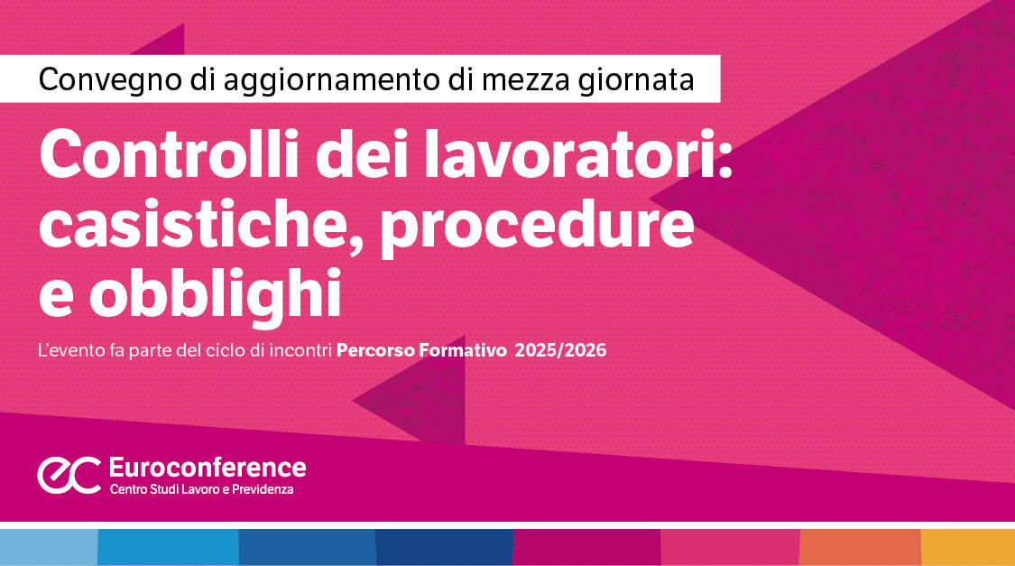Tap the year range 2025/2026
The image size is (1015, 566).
tap(560, 350)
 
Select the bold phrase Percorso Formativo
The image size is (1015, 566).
tap(420, 350)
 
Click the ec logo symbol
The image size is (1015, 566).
tap(69, 475)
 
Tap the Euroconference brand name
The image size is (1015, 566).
tap(207, 467)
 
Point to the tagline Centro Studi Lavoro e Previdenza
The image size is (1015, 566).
tap(201, 489)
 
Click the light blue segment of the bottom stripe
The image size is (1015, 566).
tap(48, 547)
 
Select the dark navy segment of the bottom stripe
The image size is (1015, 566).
tap(444, 547)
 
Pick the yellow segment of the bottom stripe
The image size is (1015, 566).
tap(967, 547)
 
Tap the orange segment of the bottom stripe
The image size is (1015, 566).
tap(859, 547)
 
